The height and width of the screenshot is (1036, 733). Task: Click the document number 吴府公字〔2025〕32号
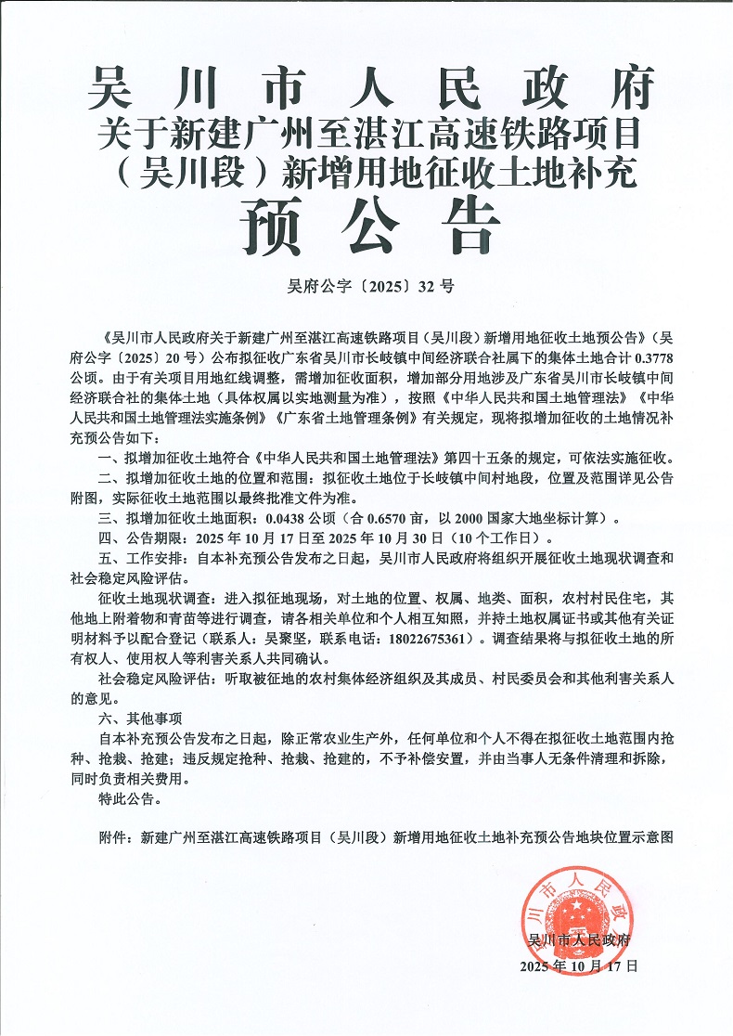pyautogui.click(x=366, y=287)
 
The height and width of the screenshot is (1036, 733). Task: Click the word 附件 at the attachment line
pyautogui.click(x=111, y=836)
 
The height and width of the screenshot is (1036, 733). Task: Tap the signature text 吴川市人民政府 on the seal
pyautogui.click(x=578, y=940)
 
